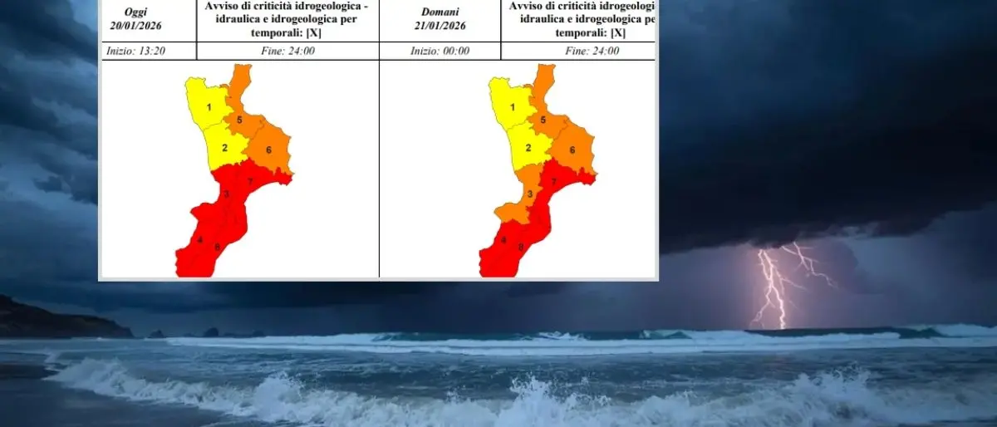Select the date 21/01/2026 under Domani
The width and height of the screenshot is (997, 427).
tap(440, 26)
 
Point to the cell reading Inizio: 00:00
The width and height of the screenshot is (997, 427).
tap(440, 51)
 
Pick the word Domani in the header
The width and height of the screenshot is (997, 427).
tap(440, 12)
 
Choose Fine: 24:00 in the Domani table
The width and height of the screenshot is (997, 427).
tap(592, 51)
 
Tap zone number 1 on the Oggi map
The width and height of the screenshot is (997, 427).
tap(209, 106)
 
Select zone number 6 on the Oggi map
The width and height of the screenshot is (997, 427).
tap(268, 150)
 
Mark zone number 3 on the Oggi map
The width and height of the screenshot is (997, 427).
tap(225, 194)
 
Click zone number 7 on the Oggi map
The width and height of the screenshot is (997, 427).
tap(250, 181)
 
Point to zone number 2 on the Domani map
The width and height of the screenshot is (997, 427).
tap(528, 148)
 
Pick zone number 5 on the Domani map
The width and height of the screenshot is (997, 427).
tap(543, 120)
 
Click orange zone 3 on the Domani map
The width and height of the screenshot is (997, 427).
tap(529, 194)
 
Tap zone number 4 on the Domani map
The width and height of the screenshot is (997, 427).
tap(503, 240)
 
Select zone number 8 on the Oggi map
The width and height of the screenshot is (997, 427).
tap(217, 246)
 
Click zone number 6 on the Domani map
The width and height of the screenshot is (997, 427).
tap(572, 150)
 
